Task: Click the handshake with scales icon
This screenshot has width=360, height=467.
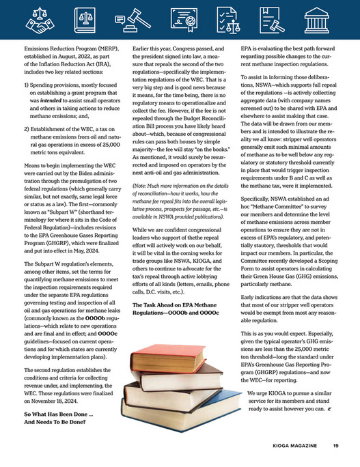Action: click(x=38, y=23)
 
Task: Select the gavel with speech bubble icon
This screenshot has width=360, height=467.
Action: click(x=129, y=23)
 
